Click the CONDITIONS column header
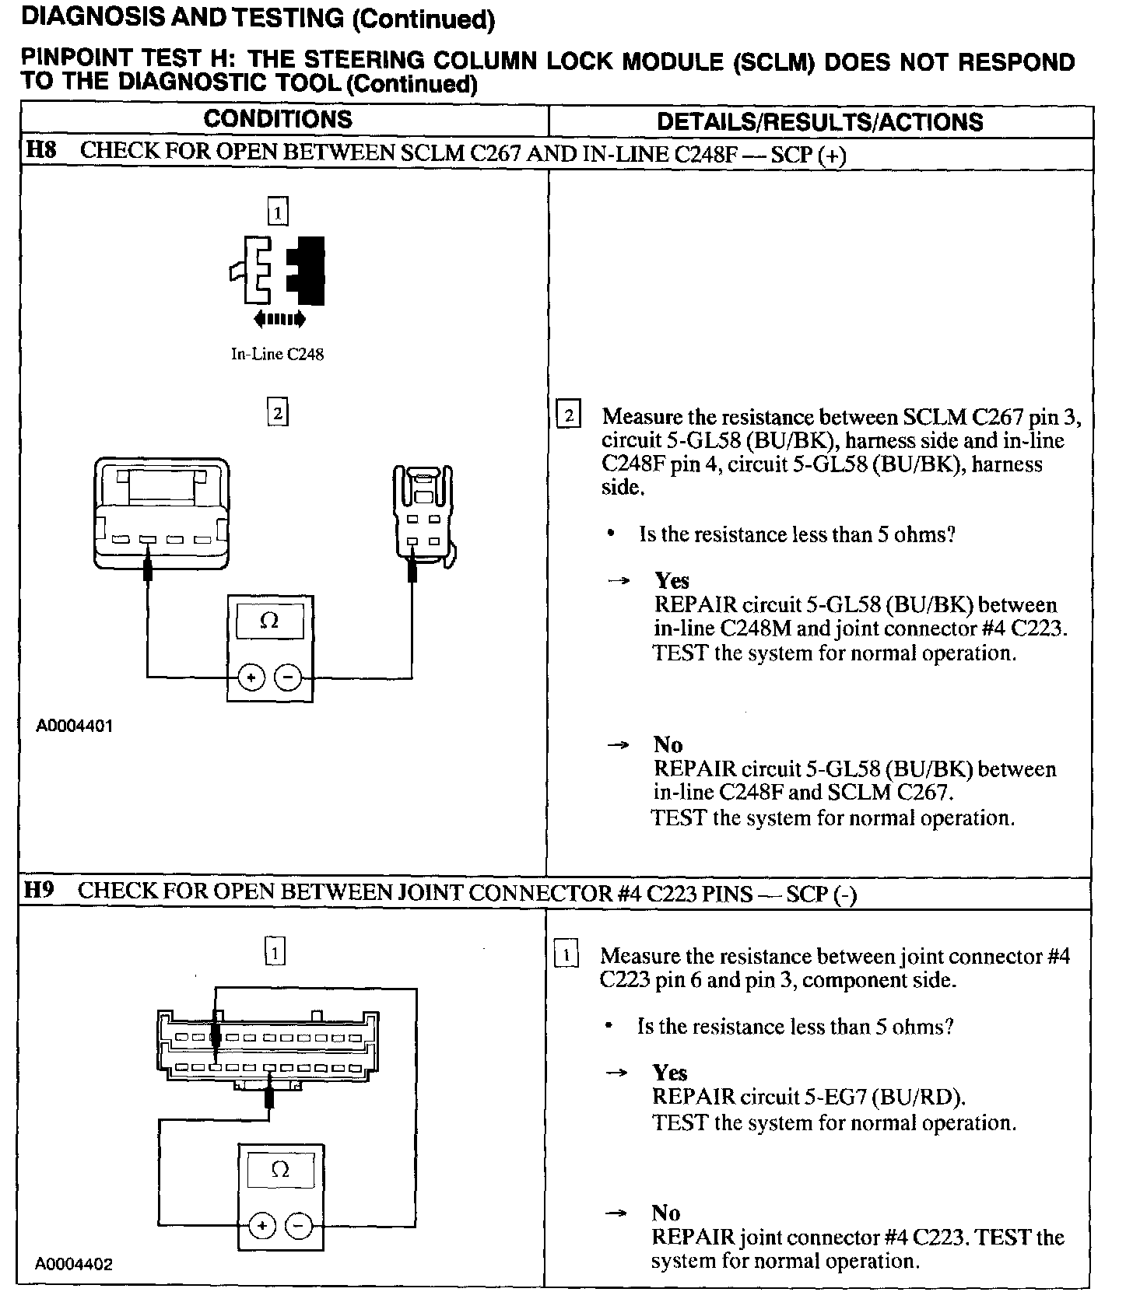[x=278, y=119]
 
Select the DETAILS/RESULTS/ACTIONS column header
[x=819, y=121]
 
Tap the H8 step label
[x=40, y=150]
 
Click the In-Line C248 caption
[x=277, y=354]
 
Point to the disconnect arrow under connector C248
[x=279, y=319]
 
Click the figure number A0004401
[x=74, y=726]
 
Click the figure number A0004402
[x=74, y=1264]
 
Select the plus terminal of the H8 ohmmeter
[x=251, y=678]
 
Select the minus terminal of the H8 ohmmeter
[x=289, y=678]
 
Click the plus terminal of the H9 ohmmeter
[x=262, y=1226]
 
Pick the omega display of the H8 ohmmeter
[x=269, y=620]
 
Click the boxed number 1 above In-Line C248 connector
[x=277, y=211]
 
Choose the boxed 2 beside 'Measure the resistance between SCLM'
[x=569, y=415]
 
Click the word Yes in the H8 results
[x=672, y=580]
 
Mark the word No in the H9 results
[x=665, y=1213]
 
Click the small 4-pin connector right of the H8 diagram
[x=423, y=515]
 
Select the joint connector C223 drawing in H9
[x=268, y=1051]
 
